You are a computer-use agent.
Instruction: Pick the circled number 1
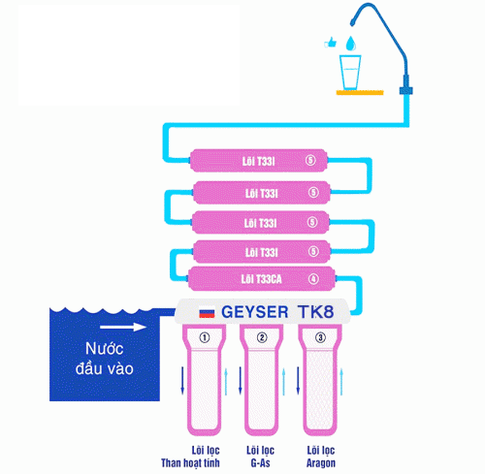tap(204, 337)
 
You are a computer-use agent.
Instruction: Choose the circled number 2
tap(262, 337)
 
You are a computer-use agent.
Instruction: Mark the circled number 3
tap(317, 337)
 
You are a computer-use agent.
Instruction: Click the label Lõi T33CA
tap(259, 280)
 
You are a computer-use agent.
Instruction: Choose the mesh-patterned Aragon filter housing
tap(317, 383)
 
